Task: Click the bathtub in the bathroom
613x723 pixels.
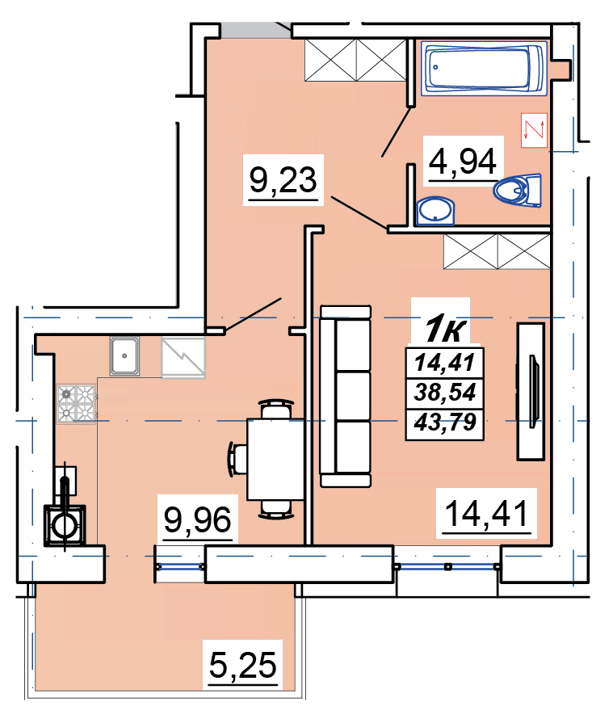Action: coord(484,68)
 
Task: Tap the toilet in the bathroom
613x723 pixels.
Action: coord(518,189)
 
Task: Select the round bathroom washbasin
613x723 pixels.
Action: coord(435,211)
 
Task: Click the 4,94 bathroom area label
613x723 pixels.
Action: coord(463,162)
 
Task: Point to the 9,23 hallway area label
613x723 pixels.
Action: coord(283,180)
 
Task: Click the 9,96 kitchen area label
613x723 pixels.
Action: coord(198,520)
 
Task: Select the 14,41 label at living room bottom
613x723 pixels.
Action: coord(487,514)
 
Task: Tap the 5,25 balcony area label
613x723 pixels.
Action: coord(243,666)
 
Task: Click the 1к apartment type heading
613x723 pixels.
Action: coord(445,329)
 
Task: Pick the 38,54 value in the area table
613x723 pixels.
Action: coord(445,393)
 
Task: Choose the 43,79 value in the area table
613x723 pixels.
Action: coord(445,422)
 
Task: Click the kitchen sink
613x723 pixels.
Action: coord(124,356)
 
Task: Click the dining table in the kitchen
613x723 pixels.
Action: coord(275,460)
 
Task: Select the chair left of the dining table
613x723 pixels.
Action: coord(237,460)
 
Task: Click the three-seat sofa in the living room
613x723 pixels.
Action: coord(346,396)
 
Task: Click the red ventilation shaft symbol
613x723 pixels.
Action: coord(534,130)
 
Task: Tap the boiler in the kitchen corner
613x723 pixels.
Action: coord(65,526)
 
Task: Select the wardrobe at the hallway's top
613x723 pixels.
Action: coord(355,61)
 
